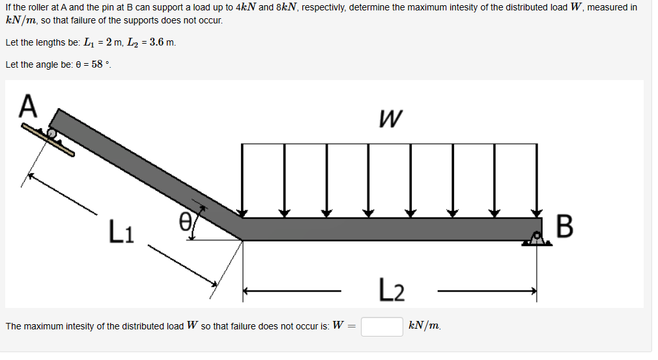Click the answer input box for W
point(382,326)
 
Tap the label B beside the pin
point(565,228)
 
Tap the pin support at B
point(537,239)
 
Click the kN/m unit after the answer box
point(424,325)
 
